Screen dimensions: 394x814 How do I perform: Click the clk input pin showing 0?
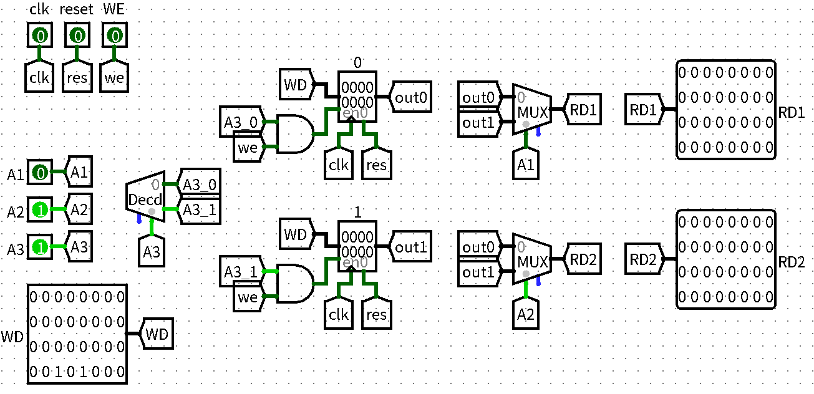tap(39, 36)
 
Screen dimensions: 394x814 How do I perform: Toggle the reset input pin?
tap(77, 36)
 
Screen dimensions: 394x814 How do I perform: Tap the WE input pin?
tap(114, 36)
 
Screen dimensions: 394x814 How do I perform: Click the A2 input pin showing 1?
tap(39, 211)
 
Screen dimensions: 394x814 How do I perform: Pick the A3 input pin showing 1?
tap(39, 247)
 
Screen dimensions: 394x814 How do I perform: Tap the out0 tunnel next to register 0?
tap(411, 97)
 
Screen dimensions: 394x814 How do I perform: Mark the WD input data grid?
tap(77, 334)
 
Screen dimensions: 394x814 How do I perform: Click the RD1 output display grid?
tap(726, 110)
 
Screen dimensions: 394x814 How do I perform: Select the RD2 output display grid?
tap(726, 259)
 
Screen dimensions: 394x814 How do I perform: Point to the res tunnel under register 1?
tap(377, 315)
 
